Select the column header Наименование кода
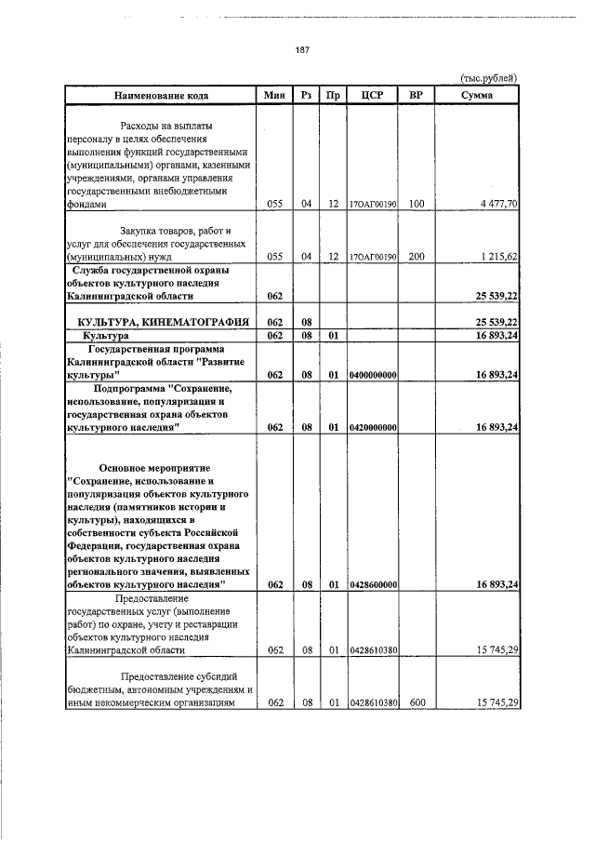click(162, 95)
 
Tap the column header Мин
click(273, 95)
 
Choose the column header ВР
click(416, 95)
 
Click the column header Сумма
click(477, 95)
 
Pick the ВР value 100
click(416, 203)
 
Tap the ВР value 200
click(416, 255)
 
